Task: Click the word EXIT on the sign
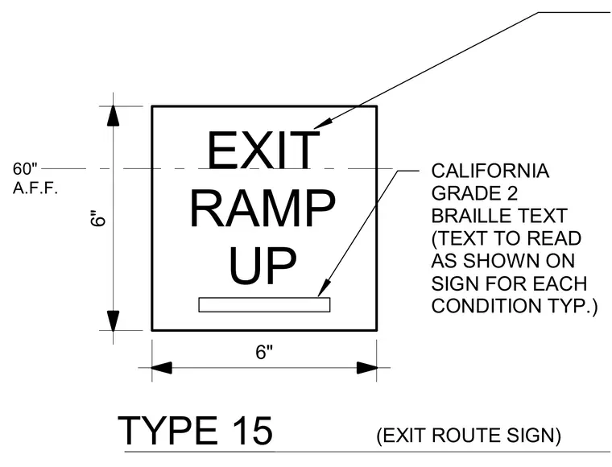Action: [x=263, y=150]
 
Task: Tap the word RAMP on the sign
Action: [x=263, y=208]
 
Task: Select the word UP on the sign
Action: [x=263, y=265]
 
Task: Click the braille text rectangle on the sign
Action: [x=264, y=304]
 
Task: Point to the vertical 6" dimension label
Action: [x=98, y=218]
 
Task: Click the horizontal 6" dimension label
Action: [x=264, y=353]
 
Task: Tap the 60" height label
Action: [x=25, y=169]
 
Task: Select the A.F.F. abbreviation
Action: [x=35, y=188]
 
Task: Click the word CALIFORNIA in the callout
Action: [x=490, y=171]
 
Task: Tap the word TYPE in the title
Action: [x=167, y=431]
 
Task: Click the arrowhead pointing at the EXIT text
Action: [x=322, y=122]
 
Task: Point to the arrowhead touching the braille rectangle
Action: [x=324, y=289]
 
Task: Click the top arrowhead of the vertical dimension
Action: [x=114, y=116]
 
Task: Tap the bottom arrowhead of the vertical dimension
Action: [x=114, y=320]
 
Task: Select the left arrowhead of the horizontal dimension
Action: [x=162, y=367]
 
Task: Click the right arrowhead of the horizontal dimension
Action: [x=367, y=367]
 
